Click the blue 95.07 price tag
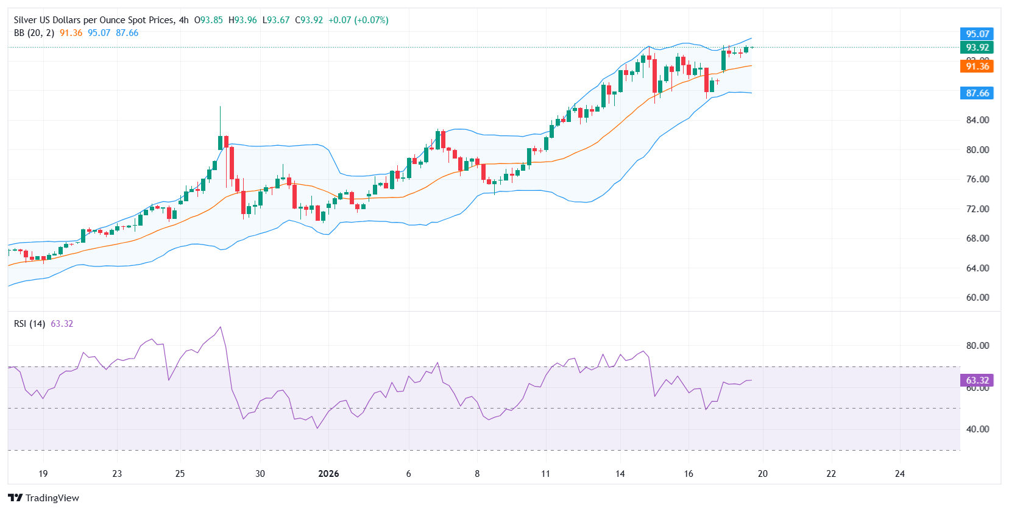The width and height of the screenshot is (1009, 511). pyautogui.click(x=977, y=34)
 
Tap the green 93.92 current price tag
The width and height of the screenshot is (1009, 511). pyautogui.click(x=977, y=48)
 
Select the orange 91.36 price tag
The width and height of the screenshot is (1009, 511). pyautogui.click(x=977, y=66)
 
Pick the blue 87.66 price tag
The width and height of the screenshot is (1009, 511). pyautogui.click(x=977, y=93)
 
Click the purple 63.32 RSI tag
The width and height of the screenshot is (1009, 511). pyautogui.click(x=977, y=381)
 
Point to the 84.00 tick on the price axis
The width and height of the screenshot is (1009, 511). pyautogui.click(x=977, y=120)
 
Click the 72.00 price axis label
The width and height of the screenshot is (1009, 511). pyautogui.click(x=977, y=209)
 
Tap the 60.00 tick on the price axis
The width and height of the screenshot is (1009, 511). pyautogui.click(x=977, y=298)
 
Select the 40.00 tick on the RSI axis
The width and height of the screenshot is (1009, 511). pyautogui.click(x=977, y=429)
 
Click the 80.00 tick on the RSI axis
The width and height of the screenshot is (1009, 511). pyautogui.click(x=977, y=346)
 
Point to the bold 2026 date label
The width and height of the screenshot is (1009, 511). pyautogui.click(x=328, y=474)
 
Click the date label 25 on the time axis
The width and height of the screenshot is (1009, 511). pyautogui.click(x=180, y=474)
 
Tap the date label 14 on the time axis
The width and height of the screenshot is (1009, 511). pyautogui.click(x=620, y=474)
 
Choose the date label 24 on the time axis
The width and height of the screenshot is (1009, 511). pyautogui.click(x=899, y=474)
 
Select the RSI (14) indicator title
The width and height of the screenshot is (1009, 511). pyautogui.click(x=29, y=324)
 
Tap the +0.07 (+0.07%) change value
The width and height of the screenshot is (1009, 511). pyautogui.click(x=358, y=20)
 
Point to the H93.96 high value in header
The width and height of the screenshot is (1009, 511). pyautogui.click(x=243, y=20)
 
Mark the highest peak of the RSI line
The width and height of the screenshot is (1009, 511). pyautogui.click(x=220, y=327)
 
